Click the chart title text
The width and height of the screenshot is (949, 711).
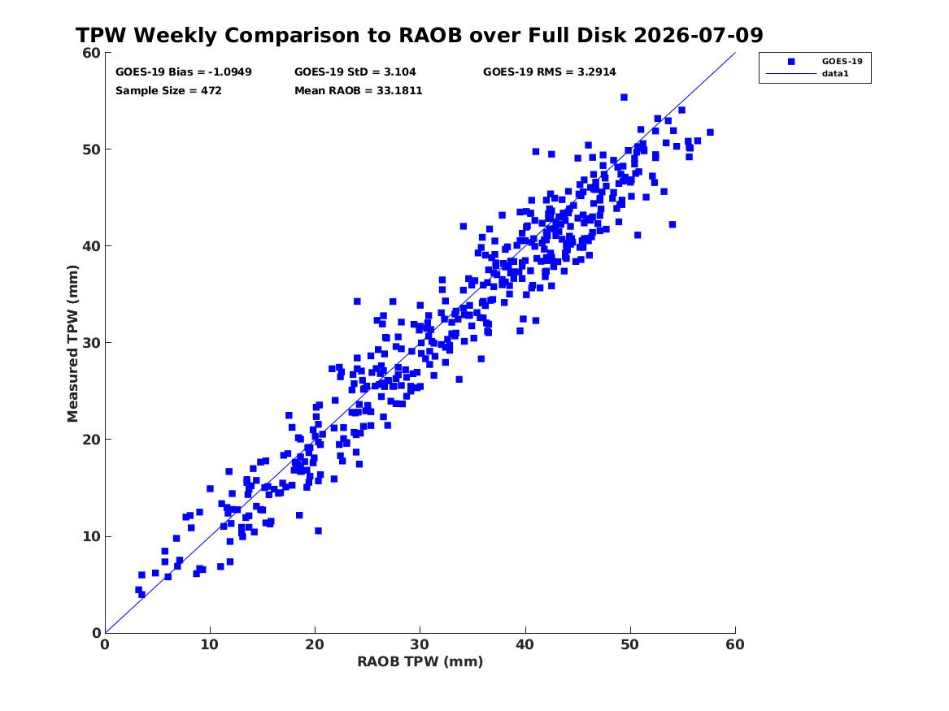pos(420,35)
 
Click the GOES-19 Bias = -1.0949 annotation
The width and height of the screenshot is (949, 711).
pos(184,72)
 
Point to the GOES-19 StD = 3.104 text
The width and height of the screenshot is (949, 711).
pos(355,72)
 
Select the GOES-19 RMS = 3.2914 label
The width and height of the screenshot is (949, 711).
pos(550,72)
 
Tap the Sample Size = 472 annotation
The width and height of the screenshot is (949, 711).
pos(169,91)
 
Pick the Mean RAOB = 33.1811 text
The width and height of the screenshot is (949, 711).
pos(359,91)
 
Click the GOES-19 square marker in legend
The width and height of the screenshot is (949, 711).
pos(791,62)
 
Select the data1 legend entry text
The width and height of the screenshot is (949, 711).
pos(835,74)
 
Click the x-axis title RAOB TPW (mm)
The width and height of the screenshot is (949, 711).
pos(420,661)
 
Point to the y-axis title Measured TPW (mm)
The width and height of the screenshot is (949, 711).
pos(72,344)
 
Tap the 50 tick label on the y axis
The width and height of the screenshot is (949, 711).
pos(91,150)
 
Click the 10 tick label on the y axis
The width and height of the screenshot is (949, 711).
pos(91,536)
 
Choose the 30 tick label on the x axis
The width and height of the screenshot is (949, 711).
pos(420,644)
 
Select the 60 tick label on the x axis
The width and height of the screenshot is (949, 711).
pos(735,644)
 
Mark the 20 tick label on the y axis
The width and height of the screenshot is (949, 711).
pos(91,440)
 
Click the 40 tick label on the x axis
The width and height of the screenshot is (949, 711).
pos(525,644)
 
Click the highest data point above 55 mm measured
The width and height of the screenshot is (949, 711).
pos(624,98)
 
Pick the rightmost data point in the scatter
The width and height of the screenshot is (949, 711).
pos(710,132)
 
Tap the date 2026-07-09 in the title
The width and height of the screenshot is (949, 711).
pos(699,35)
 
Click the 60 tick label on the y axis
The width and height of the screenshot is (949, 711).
pos(91,53)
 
